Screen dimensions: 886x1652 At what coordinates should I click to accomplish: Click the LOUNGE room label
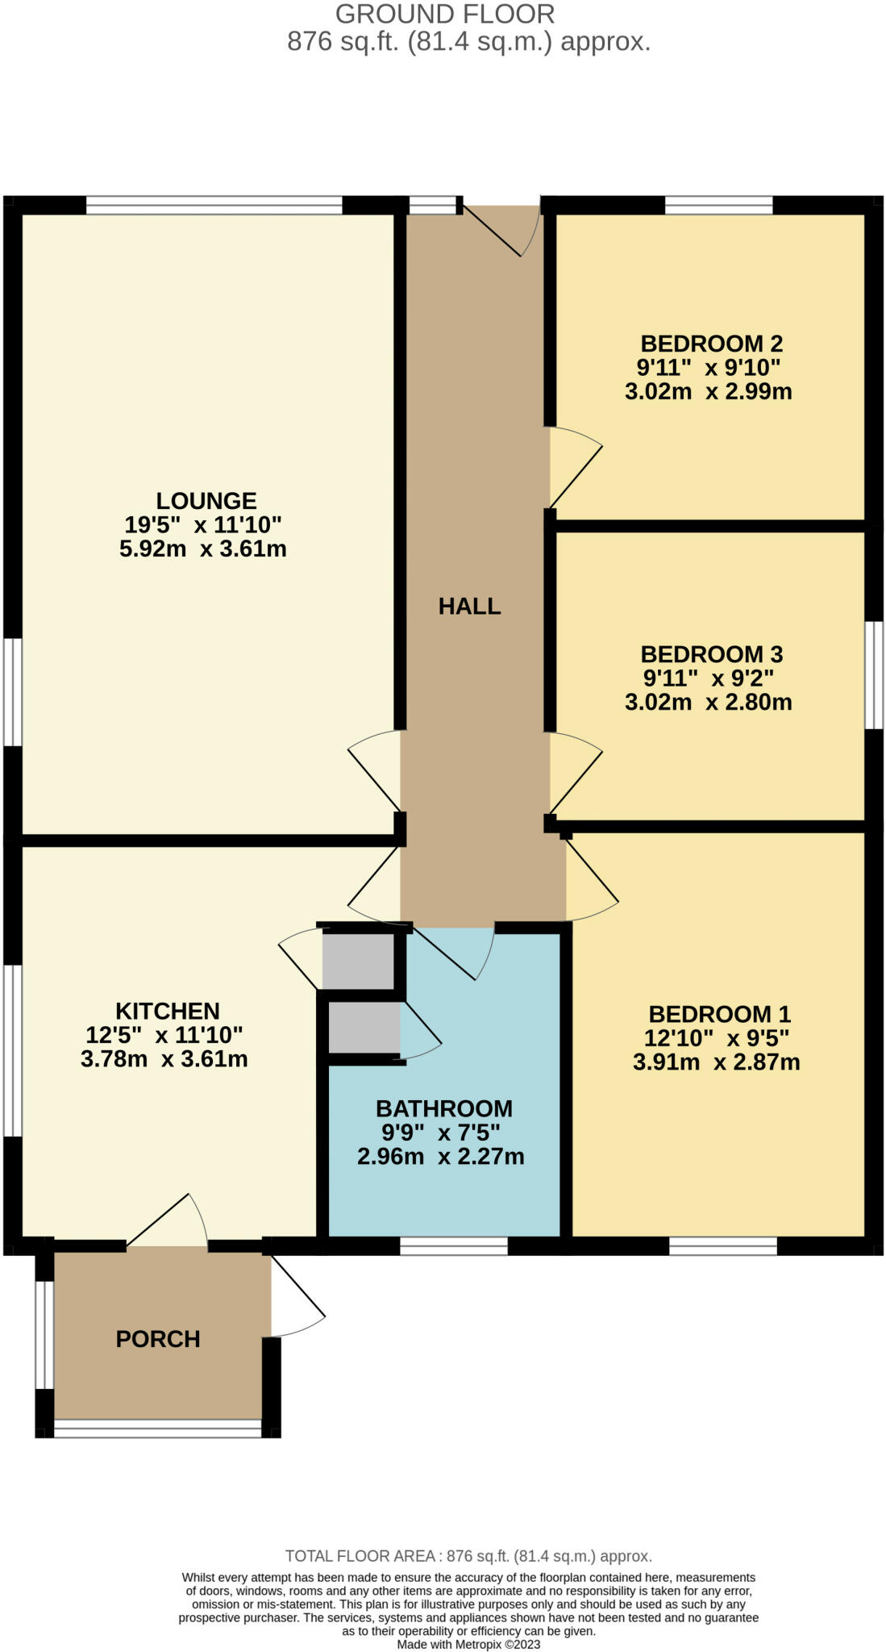206,501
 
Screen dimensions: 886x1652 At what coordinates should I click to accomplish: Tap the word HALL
470,606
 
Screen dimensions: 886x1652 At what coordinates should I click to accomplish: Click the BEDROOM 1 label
720,1014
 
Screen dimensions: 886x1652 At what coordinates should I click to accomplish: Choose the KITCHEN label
168,1011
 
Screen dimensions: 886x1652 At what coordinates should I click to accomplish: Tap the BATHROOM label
444,1108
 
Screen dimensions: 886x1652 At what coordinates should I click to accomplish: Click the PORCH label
158,1339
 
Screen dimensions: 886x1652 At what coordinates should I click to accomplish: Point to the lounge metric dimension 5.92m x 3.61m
203,549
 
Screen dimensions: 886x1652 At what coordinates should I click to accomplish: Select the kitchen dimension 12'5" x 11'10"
164,1034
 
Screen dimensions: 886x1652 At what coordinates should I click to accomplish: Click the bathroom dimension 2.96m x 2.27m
441,1157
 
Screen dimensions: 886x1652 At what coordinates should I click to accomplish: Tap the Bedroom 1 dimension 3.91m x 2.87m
717,1062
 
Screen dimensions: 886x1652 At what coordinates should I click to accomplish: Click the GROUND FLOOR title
445,14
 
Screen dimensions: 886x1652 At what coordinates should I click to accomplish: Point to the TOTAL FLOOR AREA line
469,1556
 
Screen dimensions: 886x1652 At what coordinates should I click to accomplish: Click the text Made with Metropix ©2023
469,1644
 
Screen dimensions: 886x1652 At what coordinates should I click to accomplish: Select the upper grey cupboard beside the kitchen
358,960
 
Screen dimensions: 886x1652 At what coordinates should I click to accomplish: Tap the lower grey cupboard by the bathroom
364,1027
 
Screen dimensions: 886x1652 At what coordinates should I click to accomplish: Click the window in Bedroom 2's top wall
719,206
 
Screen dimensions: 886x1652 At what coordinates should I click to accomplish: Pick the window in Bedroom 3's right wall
874,675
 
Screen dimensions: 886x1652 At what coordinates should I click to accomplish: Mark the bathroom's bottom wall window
454,1245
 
